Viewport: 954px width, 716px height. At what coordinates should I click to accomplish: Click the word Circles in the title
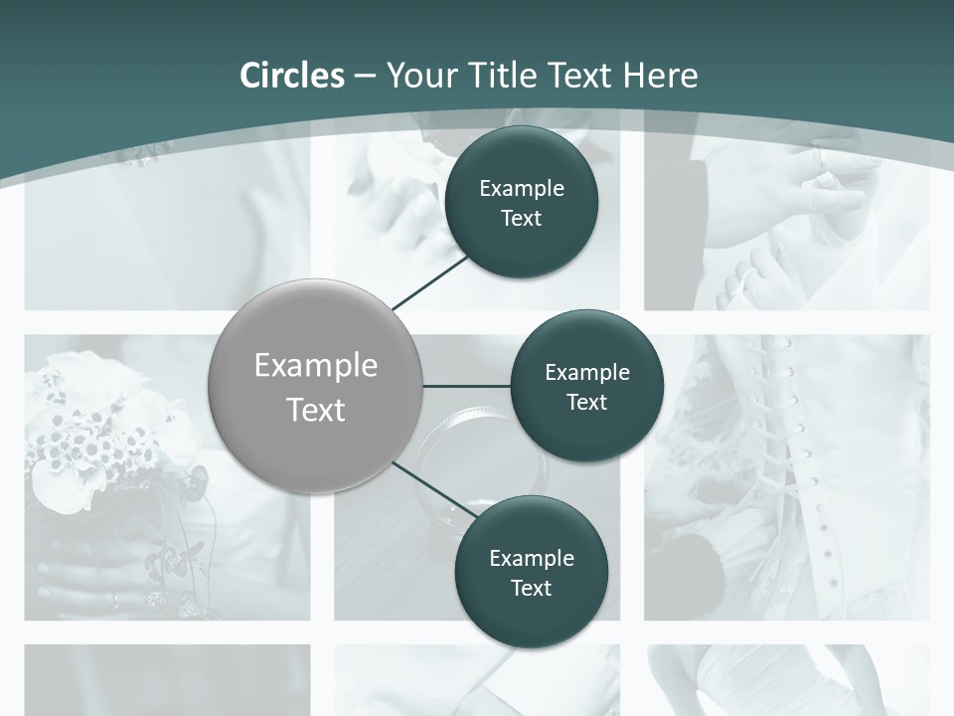(x=291, y=76)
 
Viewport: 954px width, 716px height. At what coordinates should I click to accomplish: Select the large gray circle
(x=316, y=386)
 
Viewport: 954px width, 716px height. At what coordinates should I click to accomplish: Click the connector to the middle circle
(x=467, y=386)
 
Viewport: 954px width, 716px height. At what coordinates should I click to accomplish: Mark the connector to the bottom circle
(x=429, y=489)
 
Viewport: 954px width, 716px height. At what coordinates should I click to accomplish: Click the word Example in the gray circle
(x=316, y=366)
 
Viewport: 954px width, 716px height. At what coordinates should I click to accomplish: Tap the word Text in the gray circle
(x=316, y=410)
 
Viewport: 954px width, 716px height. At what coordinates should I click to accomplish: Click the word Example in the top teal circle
(x=522, y=189)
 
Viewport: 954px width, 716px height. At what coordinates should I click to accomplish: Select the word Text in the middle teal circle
(x=586, y=403)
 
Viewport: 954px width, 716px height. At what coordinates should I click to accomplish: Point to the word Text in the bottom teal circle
(x=531, y=589)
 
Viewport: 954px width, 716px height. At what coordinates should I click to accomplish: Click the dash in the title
(x=365, y=77)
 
